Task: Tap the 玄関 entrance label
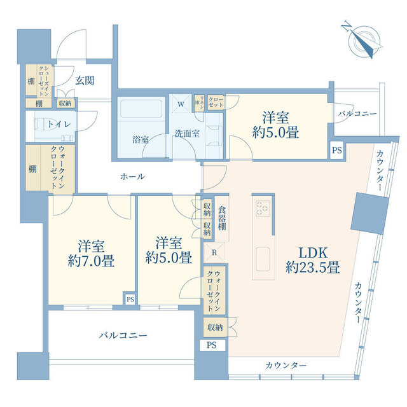(85, 81)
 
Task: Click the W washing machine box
(181, 104)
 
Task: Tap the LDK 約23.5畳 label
(312, 259)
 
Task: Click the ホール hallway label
(132, 176)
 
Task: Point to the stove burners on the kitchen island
(263, 208)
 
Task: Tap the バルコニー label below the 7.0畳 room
(123, 335)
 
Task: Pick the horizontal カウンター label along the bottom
(286, 366)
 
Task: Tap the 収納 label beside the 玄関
(65, 103)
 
